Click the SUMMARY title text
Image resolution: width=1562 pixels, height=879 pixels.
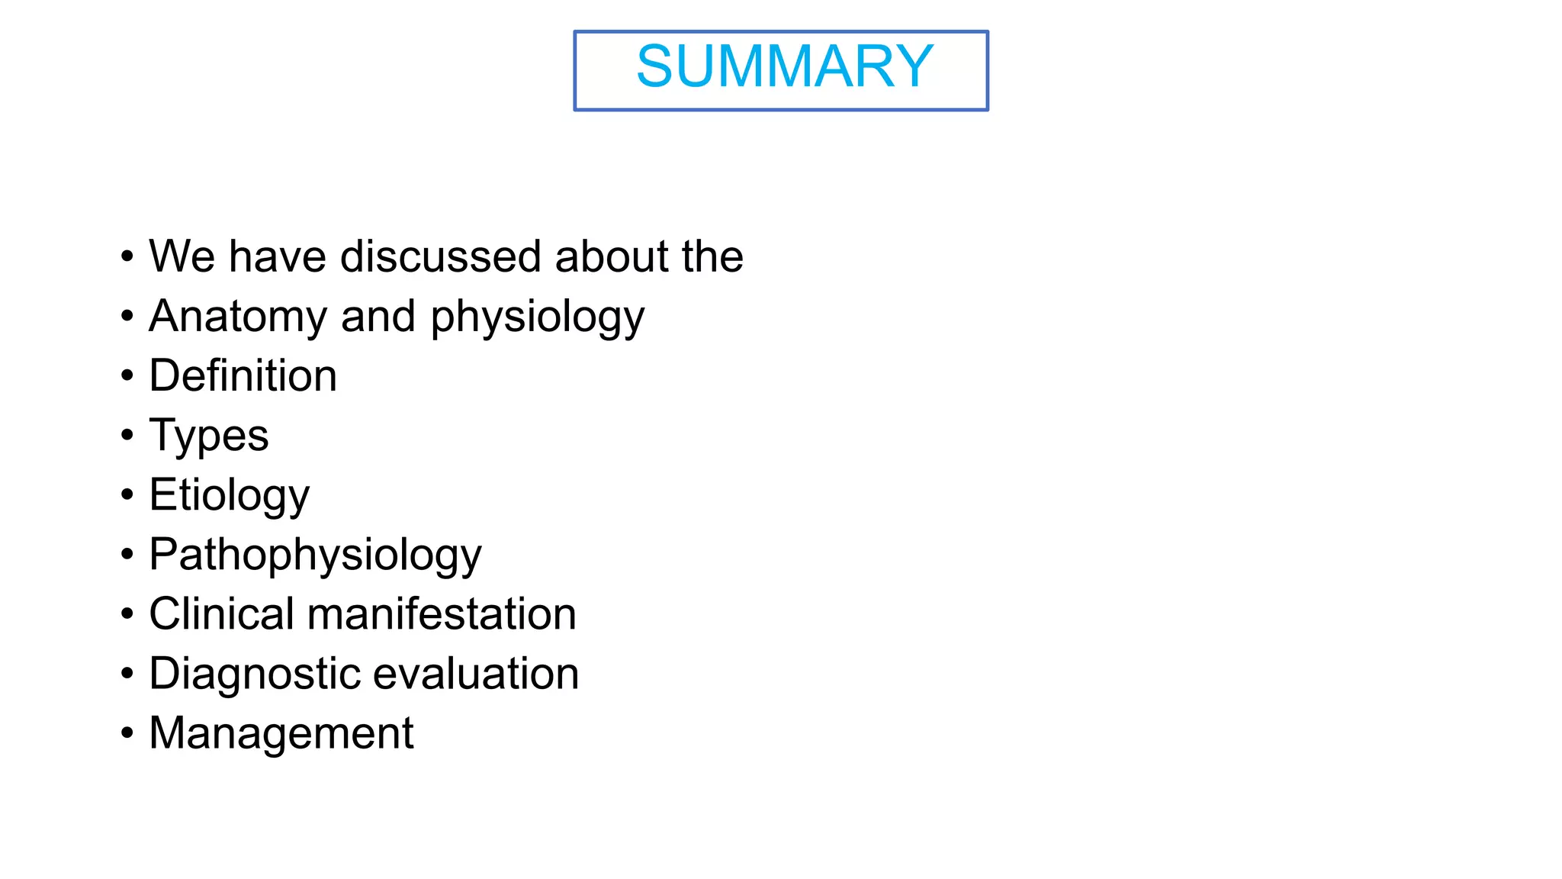point(784,66)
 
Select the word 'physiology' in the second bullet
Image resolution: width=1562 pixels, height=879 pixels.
point(538,317)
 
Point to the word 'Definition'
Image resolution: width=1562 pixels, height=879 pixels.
point(243,375)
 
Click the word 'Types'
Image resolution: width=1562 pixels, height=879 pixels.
point(208,436)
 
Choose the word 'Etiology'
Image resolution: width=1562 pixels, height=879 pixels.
point(229,495)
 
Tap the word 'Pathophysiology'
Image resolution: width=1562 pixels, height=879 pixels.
point(315,555)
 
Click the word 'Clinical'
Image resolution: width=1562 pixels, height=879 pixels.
point(221,614)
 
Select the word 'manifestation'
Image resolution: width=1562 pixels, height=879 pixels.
point(442,614)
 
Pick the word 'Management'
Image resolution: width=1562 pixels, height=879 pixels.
point(281,733)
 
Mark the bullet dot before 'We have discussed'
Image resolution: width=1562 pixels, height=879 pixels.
point(127,256)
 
